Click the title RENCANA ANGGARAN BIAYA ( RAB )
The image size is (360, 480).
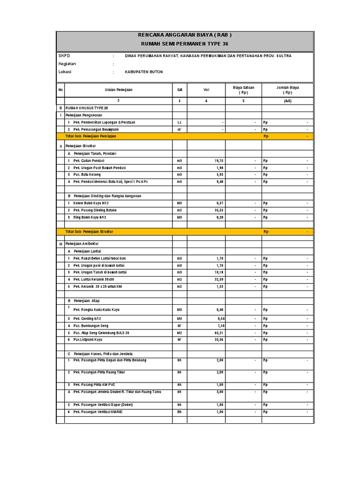(x=185, y=35)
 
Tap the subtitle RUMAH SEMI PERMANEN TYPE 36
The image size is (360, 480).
(x=185, y=44)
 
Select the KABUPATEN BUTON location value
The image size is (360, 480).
(x=144, y=72)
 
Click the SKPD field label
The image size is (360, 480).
(x=64, y=56)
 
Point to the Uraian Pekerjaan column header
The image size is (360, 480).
(x=119, y=90)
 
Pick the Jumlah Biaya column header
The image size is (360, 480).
(x=288, y=90)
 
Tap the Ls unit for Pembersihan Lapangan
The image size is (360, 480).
(x=180, y=122)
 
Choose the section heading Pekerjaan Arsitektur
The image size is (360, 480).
(x=83, y=244)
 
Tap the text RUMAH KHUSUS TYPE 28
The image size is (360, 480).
(x=86, y=107)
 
